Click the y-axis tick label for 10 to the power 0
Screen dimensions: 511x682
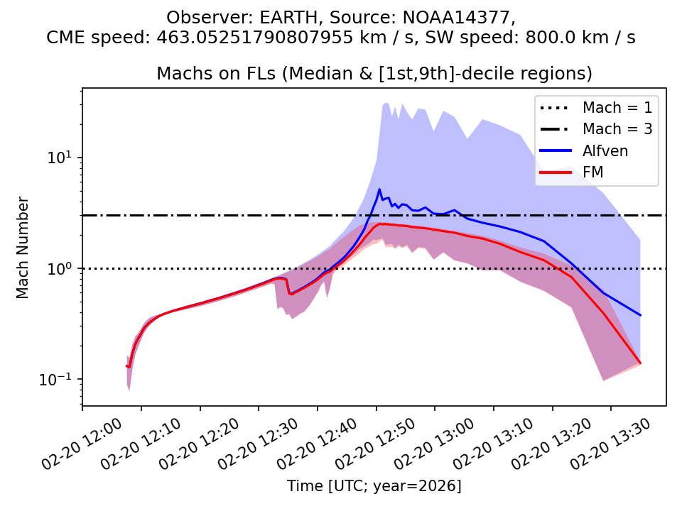pos(62,268)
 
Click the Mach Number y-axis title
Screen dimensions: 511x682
pos(23,247)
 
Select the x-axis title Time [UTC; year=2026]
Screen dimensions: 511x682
pos(374,486)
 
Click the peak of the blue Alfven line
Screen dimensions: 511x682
pos(379,189)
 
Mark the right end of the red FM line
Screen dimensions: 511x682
pos(640,363)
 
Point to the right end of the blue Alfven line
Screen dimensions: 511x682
pos(640,315)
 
